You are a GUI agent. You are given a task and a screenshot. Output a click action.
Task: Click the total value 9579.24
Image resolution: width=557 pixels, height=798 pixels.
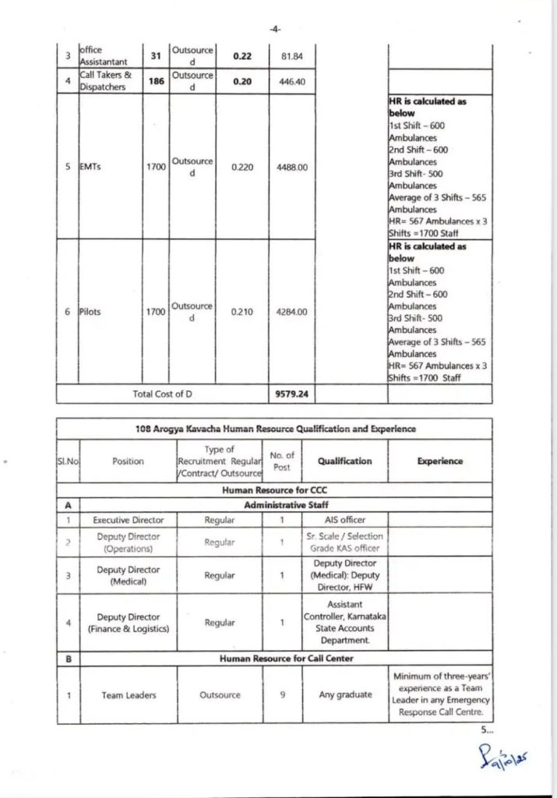coord(292,394)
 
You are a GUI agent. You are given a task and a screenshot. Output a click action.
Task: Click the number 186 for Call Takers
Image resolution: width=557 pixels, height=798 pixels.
coord(156,80)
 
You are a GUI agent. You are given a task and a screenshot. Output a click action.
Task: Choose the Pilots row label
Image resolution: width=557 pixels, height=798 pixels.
coord(94,312)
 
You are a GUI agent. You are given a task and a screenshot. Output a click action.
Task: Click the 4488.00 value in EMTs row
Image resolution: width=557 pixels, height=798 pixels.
coord(292,167)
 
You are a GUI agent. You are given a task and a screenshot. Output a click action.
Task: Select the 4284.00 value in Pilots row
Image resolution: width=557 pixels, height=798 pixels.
coord(292,312)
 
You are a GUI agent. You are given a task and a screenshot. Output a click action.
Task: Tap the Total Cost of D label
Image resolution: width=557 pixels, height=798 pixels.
coord(162,394)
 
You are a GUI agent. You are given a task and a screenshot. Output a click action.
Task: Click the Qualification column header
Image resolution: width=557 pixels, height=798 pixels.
coord(344,461)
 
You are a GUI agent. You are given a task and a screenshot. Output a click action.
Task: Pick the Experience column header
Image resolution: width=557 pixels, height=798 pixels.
coord(439,461)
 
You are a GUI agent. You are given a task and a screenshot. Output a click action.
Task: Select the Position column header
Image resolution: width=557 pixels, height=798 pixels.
coord(128,461)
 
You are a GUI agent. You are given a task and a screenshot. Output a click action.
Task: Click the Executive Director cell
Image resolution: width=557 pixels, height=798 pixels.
coord(128,520)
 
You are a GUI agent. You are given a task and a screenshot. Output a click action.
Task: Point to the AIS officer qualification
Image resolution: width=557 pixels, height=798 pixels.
coord(344,520)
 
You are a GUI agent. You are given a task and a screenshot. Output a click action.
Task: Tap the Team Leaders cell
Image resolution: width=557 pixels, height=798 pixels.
coord(128,695)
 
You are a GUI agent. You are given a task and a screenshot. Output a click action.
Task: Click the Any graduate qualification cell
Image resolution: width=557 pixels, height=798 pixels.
coord(344,695)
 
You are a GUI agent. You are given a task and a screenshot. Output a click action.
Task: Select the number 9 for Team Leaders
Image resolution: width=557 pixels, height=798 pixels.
coord(281,695)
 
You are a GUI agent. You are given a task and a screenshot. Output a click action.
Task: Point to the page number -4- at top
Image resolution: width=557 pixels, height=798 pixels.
coord(275,29)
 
